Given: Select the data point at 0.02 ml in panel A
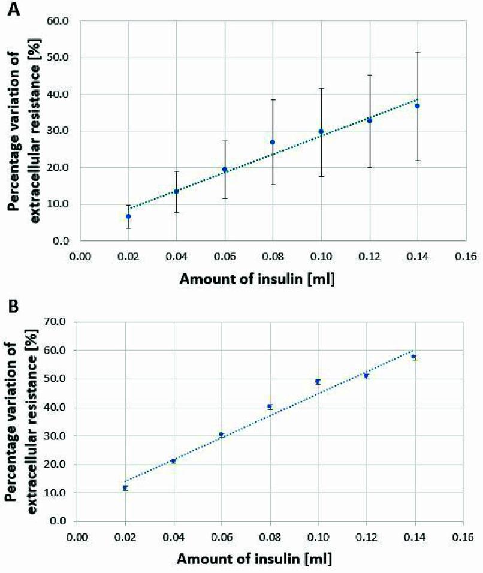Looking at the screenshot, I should tap(128, 216).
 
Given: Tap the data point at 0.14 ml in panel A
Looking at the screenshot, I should tap(417, 106).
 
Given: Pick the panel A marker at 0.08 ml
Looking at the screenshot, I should tap(273, 142).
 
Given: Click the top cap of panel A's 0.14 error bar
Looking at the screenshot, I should tap(417, 52).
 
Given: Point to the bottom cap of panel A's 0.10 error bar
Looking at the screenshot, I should tap(321, 176).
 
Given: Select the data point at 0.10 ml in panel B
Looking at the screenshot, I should tap(318, 382).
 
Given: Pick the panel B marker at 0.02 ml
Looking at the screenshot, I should tap(125, 488).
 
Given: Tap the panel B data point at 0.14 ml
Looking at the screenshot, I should tap(414, 357).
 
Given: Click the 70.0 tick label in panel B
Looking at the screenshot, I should tap(58, 322).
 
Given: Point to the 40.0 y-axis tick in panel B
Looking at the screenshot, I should tap(58, 408).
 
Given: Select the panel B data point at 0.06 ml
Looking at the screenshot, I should tap(222, 435).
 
